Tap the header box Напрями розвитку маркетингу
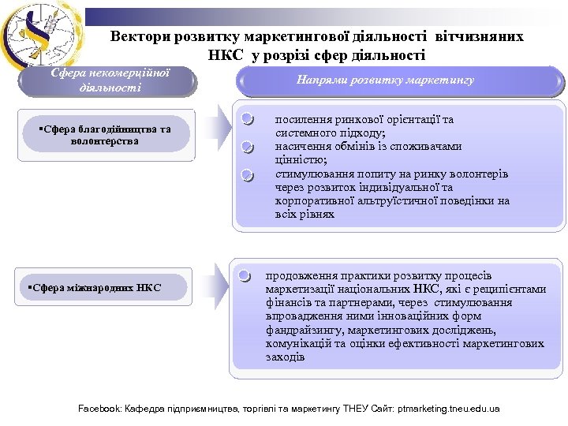pos(385,80)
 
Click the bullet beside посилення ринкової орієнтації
pos(247,121)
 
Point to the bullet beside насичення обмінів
pos(247,147)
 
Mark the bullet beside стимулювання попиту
pos(247,174)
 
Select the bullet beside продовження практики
pos(247,276)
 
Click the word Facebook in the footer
pos(100,409)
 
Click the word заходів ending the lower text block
pos(285,357)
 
